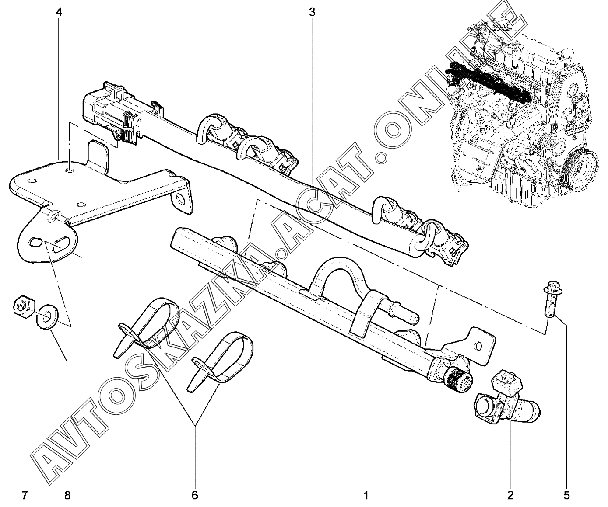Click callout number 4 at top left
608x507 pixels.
60,13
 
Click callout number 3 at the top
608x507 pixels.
312,13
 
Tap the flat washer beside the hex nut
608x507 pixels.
47,317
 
